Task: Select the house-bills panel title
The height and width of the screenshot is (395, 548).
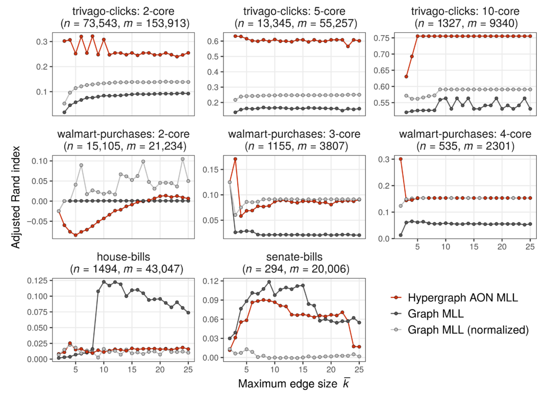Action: pyautogui.click(x=119, y=255)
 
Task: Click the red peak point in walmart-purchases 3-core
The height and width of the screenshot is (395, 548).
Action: pyautogui.click(x=235, y=159)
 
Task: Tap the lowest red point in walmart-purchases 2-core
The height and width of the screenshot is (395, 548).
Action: pyautogui.click(x=76, y=235)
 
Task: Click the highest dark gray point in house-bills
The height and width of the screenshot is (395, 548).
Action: pyautogui.click(x=104, y=282)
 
